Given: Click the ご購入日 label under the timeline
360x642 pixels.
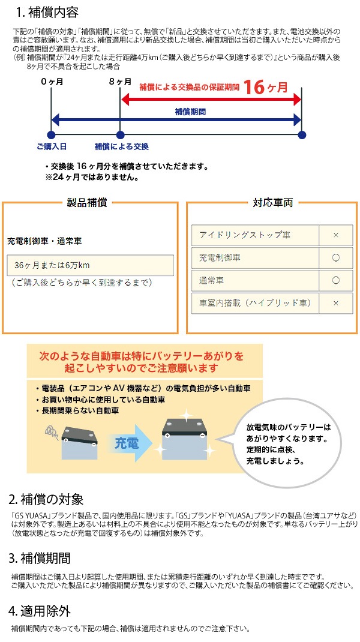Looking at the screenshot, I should [51, 146].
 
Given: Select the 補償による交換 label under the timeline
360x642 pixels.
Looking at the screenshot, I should [121, 146].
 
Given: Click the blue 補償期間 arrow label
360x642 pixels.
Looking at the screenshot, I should [190, 112].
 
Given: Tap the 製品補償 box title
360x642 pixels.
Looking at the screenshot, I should [88, 203].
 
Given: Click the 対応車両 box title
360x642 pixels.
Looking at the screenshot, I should [272, 203].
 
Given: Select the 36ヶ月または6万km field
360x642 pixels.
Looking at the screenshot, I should [91, 265].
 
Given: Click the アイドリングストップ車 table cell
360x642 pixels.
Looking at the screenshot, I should [254, 235].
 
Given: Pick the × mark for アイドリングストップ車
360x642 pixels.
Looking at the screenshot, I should [335, 235].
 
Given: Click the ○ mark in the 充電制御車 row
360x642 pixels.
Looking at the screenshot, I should [335, 258].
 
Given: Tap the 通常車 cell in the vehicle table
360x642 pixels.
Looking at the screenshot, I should [254, 280].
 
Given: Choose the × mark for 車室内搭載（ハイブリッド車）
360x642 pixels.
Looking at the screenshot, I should [335, 303].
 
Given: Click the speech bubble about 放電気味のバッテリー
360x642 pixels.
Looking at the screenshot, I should [288, 444].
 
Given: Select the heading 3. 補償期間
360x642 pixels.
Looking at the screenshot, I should [40, 559].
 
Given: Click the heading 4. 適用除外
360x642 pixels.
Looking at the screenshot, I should [40, 612].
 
